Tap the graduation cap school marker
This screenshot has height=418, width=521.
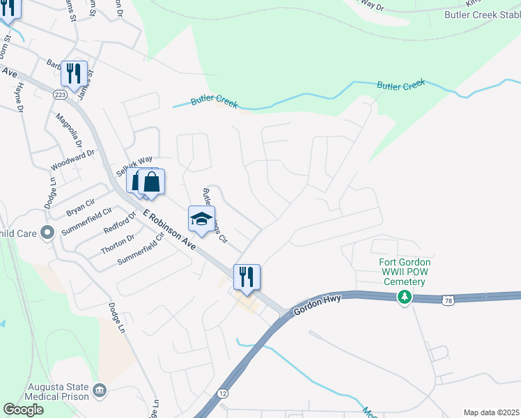[x=201, y=219]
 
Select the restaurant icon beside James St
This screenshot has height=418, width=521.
[x=74, y=72]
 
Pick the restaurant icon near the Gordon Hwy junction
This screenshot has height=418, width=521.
[x=246, y=277]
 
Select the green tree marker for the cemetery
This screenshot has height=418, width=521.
[x=403, y=298]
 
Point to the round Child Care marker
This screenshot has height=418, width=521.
[x=47, y=232]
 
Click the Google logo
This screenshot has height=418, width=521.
[x=24, y=409]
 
